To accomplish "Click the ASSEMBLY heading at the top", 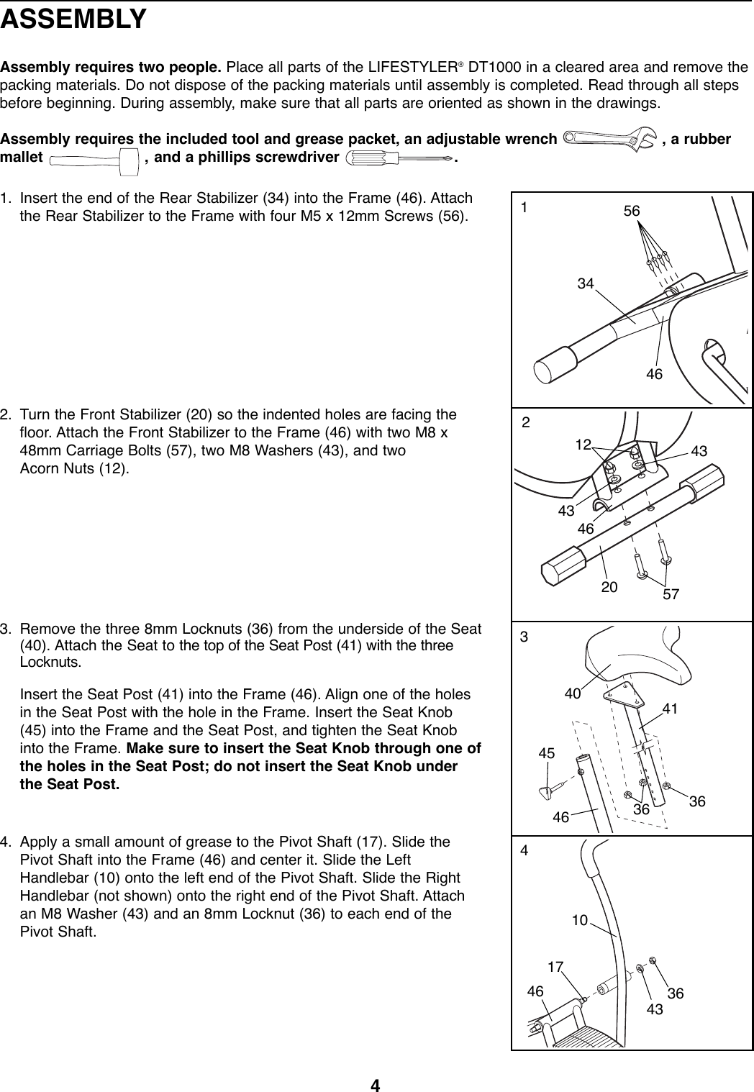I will (74, 19).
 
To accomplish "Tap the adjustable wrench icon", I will (609, 137).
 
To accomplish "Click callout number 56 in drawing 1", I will (632, 211).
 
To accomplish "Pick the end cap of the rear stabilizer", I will (555, 368).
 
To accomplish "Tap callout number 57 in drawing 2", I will (673, 594).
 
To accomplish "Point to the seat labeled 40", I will (633, 655).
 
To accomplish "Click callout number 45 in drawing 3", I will (548, 753).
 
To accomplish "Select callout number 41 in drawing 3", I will (671, 709).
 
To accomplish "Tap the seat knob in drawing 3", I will (548, 789).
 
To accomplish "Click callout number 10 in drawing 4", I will (580, 919).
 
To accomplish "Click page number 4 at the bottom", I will (375, 1084).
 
